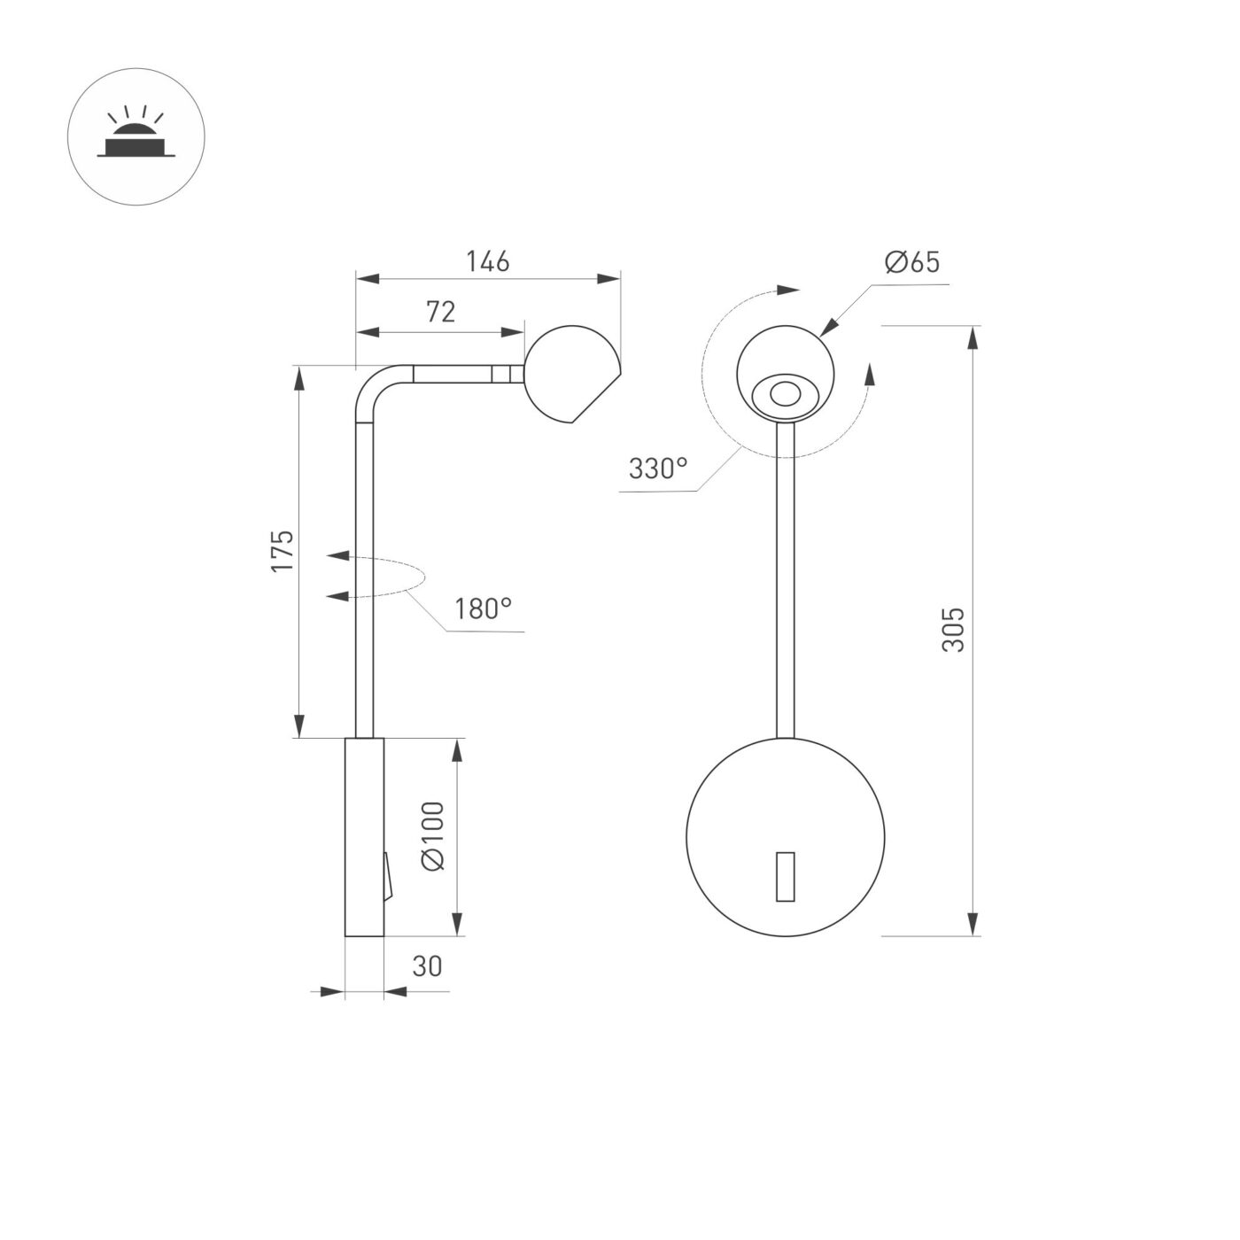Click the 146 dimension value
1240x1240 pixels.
tap(488, 261)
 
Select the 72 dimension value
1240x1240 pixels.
tap(440, 312)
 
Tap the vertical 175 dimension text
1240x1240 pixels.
tap(282, 550)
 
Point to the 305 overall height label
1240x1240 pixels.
tap(952, 630)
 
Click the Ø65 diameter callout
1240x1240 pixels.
tap(911, 262)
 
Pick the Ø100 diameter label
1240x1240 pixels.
tap(433, 836)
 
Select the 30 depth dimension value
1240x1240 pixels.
tap(427, 966)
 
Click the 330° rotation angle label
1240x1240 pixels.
tap(658, 469)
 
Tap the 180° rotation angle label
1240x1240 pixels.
tap(483, 609)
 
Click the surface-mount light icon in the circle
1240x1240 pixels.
tap(136, 137)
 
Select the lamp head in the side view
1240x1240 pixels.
tap(570, 373)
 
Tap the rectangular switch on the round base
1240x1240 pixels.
tap(785, 877)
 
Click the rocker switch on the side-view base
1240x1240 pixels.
tap(387, 877)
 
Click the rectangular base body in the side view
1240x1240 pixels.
tap(363, 837)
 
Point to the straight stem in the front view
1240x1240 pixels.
tap(786, 576)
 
